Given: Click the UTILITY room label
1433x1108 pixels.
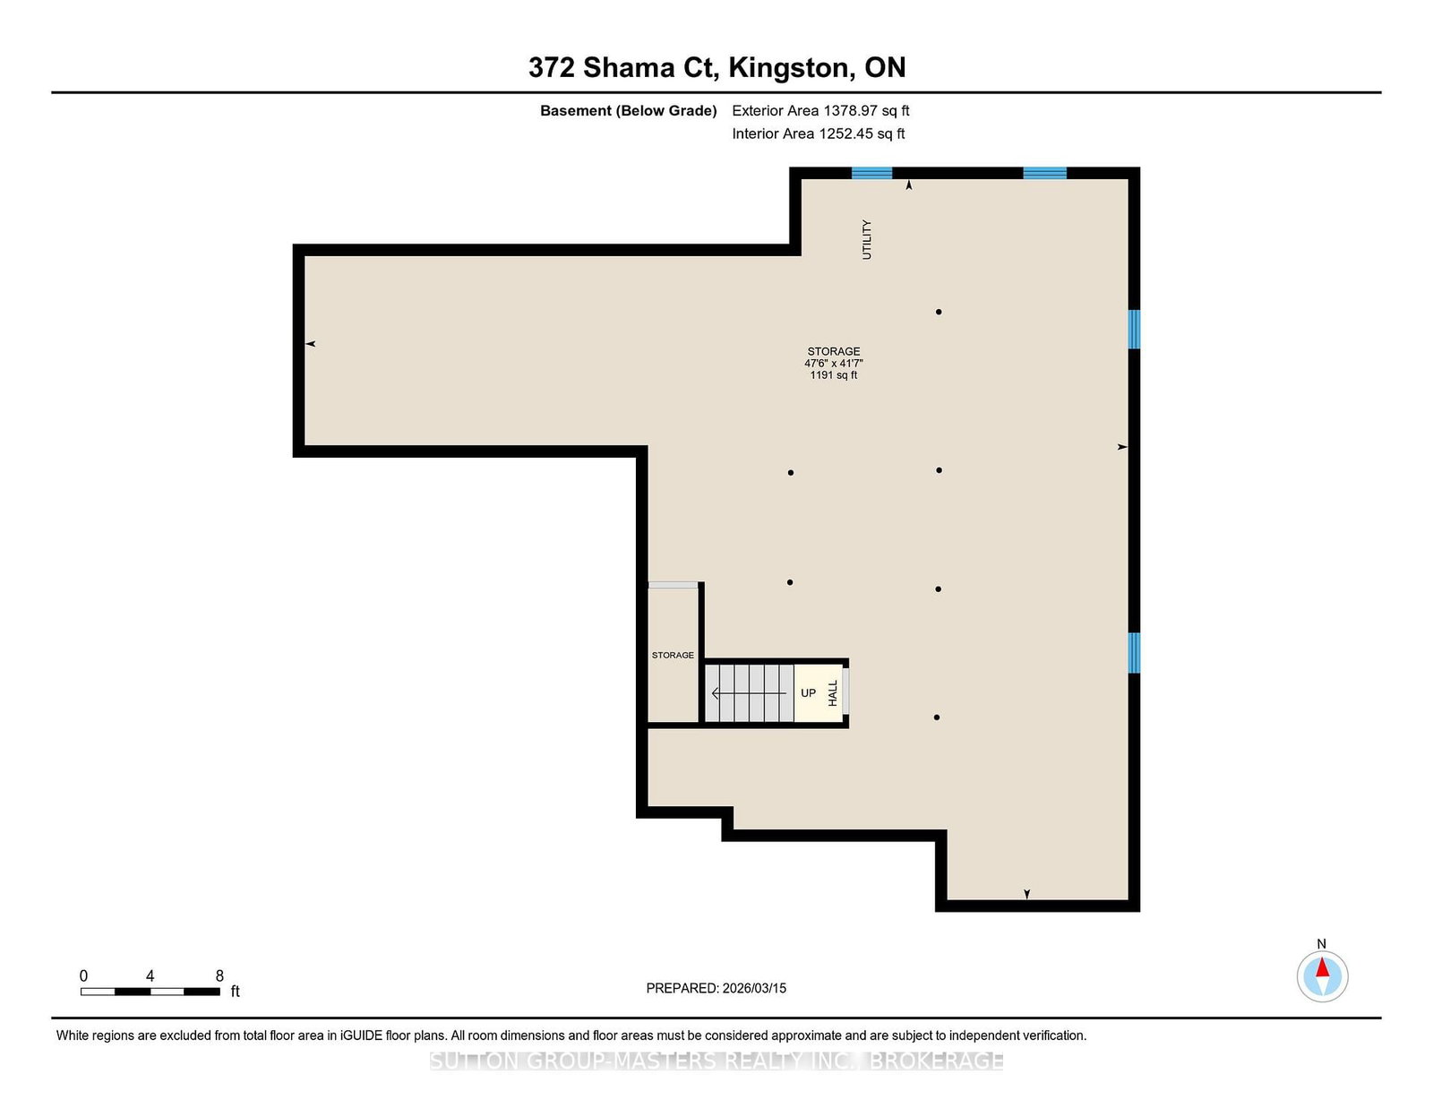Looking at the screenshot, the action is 867,239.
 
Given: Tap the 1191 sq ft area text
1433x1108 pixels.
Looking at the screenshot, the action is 834,375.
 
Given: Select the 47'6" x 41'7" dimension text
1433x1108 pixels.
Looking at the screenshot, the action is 834,364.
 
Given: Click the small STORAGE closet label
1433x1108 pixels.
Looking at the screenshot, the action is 673,655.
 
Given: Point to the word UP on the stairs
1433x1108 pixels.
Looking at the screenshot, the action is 808,692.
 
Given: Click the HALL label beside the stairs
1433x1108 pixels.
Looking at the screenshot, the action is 833,693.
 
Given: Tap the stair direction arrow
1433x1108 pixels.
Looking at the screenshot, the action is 749,693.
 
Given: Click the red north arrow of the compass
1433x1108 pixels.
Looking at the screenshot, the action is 1322,967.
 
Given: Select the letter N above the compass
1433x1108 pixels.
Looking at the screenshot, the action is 1322,944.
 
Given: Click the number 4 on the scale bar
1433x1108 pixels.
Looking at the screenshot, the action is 150,975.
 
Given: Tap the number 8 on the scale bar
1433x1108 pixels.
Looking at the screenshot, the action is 219,975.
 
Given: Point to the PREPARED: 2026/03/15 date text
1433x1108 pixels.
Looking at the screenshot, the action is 716,988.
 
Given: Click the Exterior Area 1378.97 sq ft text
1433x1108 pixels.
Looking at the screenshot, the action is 820,111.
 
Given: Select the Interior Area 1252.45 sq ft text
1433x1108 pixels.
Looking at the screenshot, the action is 819,133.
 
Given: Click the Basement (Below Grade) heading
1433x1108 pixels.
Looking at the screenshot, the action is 629,111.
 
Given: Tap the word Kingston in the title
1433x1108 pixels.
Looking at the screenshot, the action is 789,68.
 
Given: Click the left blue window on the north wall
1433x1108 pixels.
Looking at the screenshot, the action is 871,173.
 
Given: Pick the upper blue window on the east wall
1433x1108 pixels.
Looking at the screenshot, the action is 1134,329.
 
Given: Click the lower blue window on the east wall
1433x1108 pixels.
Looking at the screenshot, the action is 1134,653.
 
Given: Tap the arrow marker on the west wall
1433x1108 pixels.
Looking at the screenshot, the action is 310,344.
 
